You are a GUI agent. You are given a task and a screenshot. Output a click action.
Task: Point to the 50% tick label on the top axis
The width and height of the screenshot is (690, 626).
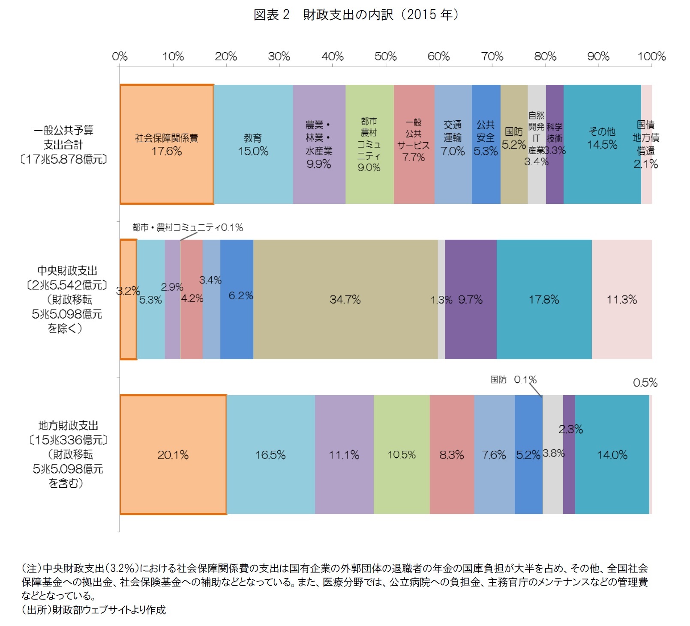[x=385, y=57]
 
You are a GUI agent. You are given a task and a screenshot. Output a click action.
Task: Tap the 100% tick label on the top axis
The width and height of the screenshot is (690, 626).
[x=651, y=57]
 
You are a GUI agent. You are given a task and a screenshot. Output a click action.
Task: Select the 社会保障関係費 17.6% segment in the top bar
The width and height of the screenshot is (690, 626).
[x=166, y=144]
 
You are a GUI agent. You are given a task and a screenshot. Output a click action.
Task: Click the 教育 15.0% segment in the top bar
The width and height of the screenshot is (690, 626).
[x=253, y=144]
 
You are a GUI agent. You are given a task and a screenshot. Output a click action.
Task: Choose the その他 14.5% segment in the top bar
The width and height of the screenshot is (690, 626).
[x=602, y=144]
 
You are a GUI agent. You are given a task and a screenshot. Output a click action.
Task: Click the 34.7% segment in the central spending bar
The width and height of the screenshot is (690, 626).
[x=345, y=299]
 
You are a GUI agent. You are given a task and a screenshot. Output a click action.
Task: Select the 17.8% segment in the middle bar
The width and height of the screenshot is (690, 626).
[x=543, y=299]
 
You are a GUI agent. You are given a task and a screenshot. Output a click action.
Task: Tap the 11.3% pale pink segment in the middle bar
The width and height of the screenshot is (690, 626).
[x=621, y=299]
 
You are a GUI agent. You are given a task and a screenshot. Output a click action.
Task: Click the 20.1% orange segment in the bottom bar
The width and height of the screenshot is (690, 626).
[x=173, y=454]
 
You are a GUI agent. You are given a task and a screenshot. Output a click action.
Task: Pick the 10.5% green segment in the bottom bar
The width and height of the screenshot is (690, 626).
[x=402, y=454]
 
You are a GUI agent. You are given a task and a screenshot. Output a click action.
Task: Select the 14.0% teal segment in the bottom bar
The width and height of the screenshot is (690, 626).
[x=612, y=454]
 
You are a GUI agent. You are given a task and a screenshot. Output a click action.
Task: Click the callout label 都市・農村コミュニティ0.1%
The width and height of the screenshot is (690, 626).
[x=187, y=227]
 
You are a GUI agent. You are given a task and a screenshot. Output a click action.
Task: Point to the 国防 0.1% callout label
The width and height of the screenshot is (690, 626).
[x=513, y=380]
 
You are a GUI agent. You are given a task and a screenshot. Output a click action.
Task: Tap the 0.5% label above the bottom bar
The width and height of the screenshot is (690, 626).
[x=645, y=382]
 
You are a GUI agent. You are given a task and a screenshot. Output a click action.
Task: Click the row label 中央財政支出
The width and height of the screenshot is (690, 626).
[x=67, y=271]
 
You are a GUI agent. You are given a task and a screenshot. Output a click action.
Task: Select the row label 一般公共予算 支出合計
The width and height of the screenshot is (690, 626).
[x=63, y=137]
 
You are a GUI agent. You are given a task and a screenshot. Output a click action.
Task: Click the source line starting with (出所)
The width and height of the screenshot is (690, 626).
[x=93, y=610]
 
